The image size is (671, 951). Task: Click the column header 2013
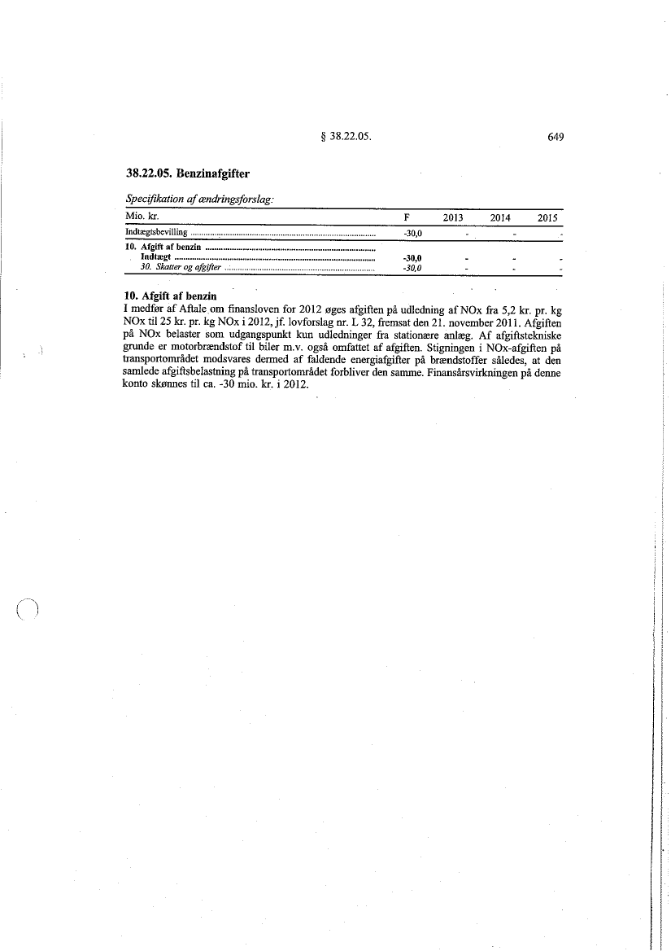tap(453, 218)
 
